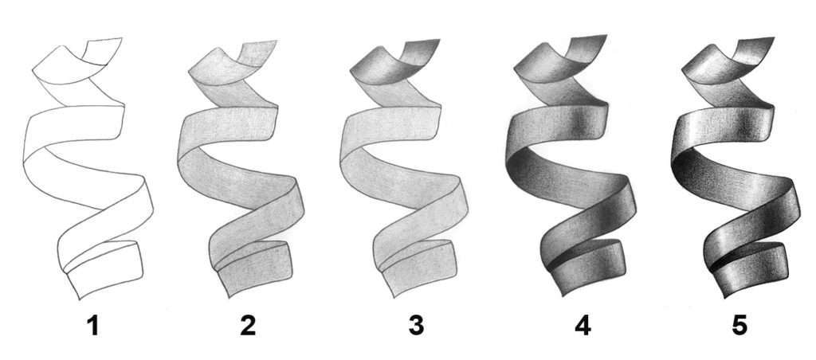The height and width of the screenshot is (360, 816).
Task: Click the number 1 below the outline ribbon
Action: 92,327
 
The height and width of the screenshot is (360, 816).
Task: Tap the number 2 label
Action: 248,327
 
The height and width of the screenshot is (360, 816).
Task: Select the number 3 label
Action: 416,327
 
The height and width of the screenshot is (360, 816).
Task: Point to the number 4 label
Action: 583,327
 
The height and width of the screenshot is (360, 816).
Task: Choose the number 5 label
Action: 739,327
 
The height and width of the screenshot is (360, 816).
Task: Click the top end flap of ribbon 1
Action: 102,52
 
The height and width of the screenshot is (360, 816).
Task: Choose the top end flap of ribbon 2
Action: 257,53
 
